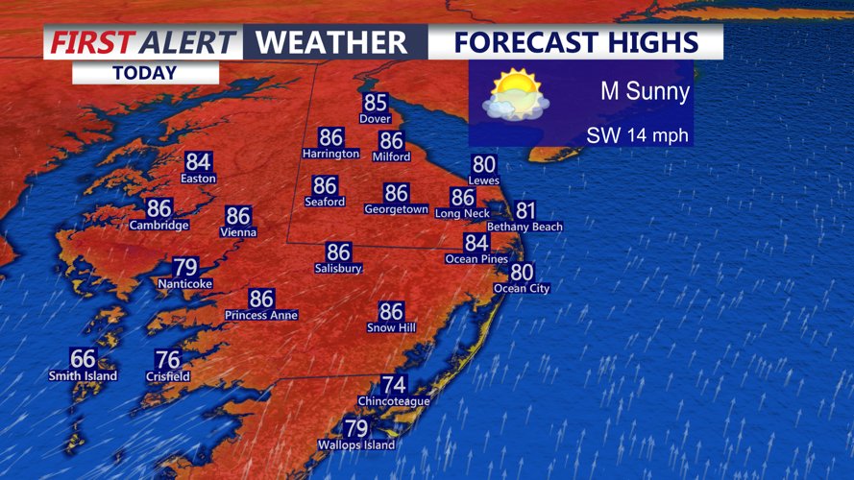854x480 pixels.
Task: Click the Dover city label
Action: (375, 119)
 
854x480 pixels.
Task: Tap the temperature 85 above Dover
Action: (375, 103)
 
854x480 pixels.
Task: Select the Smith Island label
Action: (83, 376)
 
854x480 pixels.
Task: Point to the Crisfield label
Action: (167, 377)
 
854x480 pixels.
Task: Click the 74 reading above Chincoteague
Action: (394, 385)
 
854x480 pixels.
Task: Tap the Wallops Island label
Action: (355, 445)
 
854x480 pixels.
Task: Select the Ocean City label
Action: (522, 288)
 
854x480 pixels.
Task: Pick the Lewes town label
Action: (483, 180)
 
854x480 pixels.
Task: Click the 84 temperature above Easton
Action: (199, 162)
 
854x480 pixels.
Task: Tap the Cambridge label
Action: (159, 225)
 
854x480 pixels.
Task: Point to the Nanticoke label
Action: (184, 284)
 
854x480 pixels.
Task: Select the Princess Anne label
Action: (261, 315)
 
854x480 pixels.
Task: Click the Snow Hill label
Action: (390, 328)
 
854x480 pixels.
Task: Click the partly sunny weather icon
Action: (517, 95)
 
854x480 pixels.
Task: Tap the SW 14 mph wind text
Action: (637, 135)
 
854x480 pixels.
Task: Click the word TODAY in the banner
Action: (144, 73)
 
